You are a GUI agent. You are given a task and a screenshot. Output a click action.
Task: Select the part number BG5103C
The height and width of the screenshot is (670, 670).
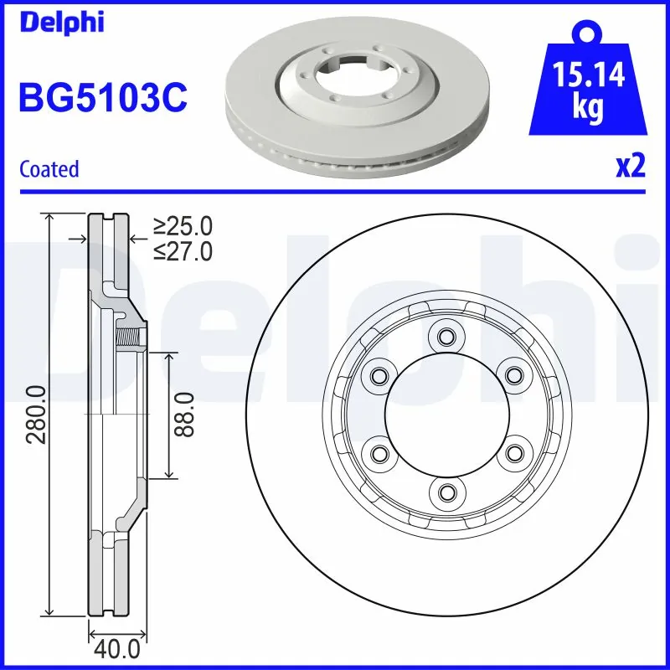(x=102, y=99)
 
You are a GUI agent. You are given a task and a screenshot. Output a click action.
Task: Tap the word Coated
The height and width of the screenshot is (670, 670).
(x=49, y=169)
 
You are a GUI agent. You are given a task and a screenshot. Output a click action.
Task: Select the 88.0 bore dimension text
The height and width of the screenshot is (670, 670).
(x=185, y=415)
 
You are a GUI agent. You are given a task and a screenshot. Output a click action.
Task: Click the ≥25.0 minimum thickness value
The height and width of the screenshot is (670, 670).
(x=183, y=226)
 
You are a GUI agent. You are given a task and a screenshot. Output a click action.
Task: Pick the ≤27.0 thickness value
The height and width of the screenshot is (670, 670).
(x=183, y=250)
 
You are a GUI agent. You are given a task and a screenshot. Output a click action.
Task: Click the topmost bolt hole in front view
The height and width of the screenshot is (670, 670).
(x=445, y=338)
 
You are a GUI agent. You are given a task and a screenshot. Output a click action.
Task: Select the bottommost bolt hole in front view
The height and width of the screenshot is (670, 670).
(x=445, y=491)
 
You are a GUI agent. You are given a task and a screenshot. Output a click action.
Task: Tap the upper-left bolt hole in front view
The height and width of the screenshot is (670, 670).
(x=379, y=375)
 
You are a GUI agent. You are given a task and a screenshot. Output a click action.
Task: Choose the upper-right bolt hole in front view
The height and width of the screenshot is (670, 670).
(x=511, y=375)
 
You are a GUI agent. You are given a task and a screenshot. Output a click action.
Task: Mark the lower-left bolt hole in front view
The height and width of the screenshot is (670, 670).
(x=379, y=453)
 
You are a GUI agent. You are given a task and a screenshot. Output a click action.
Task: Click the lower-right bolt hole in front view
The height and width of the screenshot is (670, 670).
(x=511, y=453)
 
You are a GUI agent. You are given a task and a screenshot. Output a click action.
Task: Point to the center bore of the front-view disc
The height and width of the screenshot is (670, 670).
(x=445, y=415)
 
